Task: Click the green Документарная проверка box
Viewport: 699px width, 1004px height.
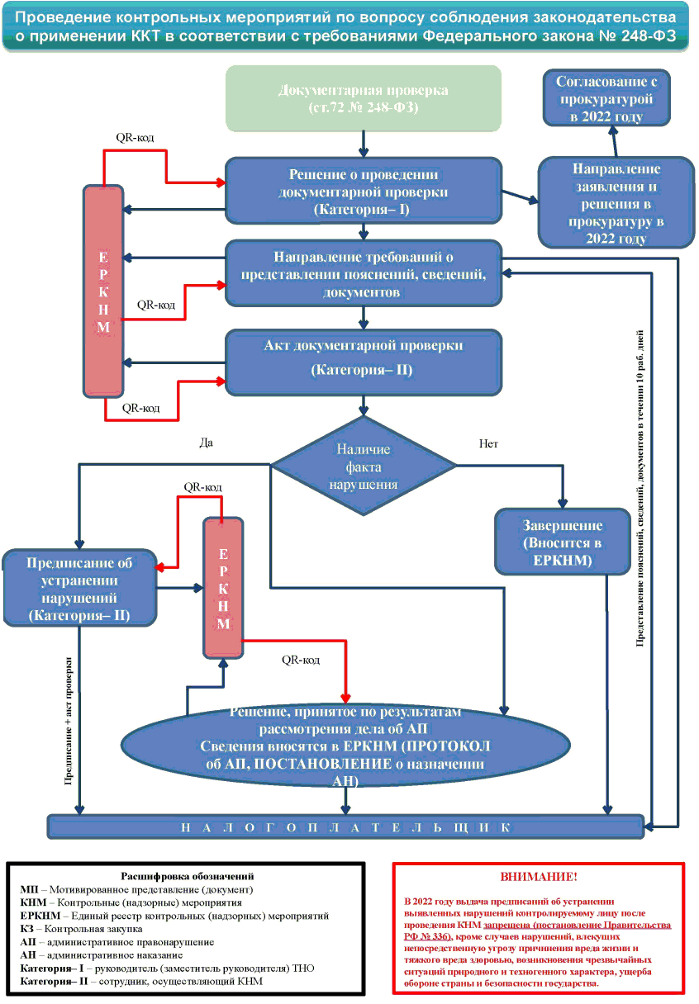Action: (364, 98)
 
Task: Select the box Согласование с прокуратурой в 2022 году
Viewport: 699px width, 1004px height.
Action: (606, 98)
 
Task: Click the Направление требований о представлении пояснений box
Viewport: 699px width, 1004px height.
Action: (364, 273)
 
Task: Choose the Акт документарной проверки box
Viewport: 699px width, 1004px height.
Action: (364, 362)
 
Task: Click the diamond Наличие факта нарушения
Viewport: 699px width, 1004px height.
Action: (364, 466)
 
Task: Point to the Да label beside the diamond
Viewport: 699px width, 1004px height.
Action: (207, 442)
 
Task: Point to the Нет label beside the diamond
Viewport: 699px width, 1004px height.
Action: (488, 443)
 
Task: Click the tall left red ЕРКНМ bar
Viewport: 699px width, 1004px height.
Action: (103, 291)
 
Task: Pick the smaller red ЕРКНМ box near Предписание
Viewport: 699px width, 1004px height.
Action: (223, 587)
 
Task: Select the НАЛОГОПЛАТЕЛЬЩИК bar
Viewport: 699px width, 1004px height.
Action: (346, 826)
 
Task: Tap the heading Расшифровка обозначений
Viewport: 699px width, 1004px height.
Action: (187, 876)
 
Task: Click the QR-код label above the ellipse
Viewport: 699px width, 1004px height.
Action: (301, 660)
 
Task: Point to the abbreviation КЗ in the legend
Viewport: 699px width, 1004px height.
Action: (28, 929)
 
